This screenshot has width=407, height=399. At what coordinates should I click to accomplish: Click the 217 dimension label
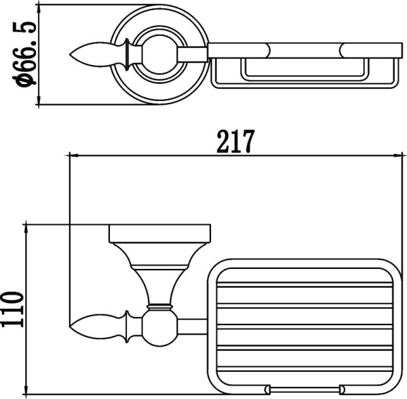click(x=235, y=142)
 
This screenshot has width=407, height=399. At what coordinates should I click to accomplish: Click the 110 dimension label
click(x=12, y=310)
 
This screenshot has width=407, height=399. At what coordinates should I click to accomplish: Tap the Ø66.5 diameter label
click(x=24, y=54)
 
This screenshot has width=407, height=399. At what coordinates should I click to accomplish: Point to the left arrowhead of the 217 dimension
click(x=73, y=156)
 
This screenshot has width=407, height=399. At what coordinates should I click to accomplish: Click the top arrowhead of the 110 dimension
click(x=26, y=229)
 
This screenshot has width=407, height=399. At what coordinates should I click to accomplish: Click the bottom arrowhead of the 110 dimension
click(x=26, y=390)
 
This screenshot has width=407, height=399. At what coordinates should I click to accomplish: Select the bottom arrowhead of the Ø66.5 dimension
click(x=39, y=99)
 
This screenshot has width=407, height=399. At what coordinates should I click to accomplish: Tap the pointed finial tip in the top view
click(x=70, y=54)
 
